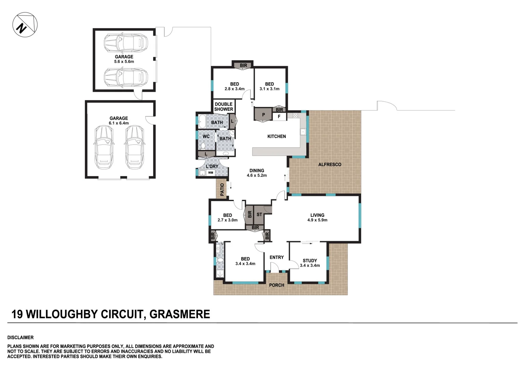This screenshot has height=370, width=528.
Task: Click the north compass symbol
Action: point(25,25)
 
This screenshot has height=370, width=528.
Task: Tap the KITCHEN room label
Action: point(276,136)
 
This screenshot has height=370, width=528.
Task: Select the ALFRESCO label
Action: point(330,164)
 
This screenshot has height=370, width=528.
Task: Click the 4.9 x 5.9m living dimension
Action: point(317,220)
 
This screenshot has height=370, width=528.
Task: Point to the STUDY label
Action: point(310,261)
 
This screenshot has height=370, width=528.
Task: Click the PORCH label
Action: point(276,285)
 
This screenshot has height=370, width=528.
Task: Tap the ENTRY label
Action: point(276,257)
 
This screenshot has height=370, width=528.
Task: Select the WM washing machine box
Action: point(211,173)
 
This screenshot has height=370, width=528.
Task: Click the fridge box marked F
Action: point(279,116)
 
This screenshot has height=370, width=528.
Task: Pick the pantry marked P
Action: point(263,115)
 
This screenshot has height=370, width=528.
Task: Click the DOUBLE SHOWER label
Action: point(224,107)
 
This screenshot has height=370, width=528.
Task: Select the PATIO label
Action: point(222,190)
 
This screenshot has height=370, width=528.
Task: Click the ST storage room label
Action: point(259,214)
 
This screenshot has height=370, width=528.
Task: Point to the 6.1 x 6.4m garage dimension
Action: point(119,123)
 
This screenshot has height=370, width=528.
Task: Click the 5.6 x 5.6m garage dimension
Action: point(124,62)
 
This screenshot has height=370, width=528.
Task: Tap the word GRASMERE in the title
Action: point(180,314)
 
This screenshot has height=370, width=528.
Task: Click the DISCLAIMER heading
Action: point(21,337)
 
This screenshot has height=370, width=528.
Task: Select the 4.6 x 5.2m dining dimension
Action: point(257,175)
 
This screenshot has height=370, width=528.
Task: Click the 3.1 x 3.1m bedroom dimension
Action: point(269,89)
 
